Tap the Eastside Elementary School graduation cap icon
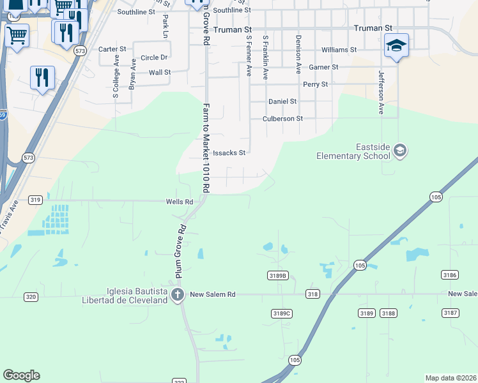click(x=400, y=151)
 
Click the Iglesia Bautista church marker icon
click(x=178, y=295)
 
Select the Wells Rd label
click(x=180, y=202)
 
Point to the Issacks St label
click(x=229, y=153)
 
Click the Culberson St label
click(x=282, y=119)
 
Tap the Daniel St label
click(x=282, y=101)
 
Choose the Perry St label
click(x=315, y=84)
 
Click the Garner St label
click(x=323, y=67)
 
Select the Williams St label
click(x=339, y=50)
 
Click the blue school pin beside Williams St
click(x=396, y=45)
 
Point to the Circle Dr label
click(x=154, y=57)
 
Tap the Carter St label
click(x=112, y=49)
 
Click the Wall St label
click(x=159, y=72)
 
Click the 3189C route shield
click(x=282, y=313)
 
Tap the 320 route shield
click(x=31, y=297)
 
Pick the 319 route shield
click(x=36, y=200)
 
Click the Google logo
click(x=21, y=375)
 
